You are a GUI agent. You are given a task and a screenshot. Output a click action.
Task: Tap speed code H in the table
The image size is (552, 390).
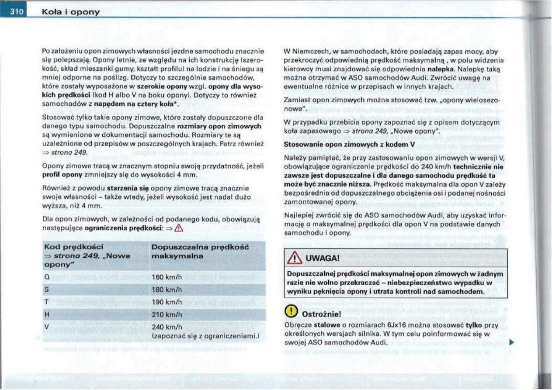46,314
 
